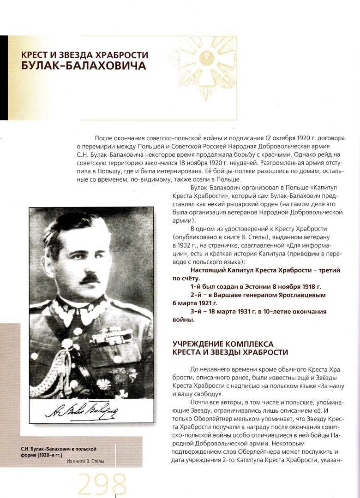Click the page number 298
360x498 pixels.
coord(102,484)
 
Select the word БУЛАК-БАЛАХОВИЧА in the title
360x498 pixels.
coord(84,66)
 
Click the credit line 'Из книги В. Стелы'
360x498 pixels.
coord(90,461)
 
